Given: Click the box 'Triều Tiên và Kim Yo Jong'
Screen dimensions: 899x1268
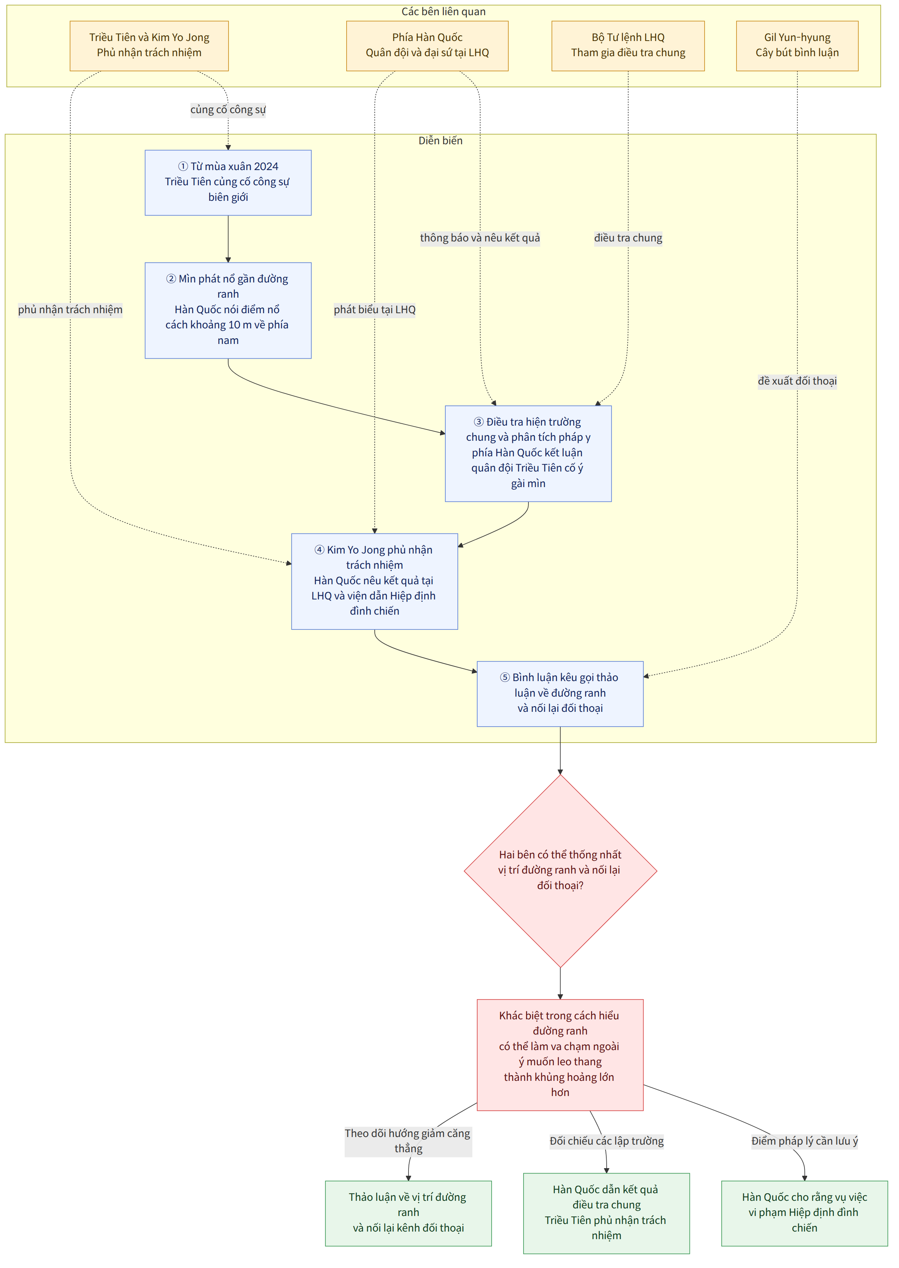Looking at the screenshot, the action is point(149,46).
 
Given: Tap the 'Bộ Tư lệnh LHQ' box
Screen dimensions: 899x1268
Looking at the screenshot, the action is point(628,46).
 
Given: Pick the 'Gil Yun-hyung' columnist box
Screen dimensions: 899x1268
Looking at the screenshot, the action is point(797,46).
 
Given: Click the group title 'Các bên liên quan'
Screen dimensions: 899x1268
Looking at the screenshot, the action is point(443,12).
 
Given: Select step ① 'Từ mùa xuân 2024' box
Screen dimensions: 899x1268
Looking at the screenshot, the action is point(228,183).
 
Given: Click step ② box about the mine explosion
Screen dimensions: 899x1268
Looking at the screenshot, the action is point(228,311).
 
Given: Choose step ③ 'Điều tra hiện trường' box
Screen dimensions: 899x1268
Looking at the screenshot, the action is point(528,454).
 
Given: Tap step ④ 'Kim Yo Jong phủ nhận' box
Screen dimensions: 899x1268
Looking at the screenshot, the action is point(375,581).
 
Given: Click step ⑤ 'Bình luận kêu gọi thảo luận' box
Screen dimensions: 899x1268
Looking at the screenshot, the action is point(560,694).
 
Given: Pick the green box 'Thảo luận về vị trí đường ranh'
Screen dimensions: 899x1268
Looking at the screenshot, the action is point(408,1213).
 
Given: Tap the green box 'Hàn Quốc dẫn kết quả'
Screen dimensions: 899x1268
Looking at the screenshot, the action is point(607,1213).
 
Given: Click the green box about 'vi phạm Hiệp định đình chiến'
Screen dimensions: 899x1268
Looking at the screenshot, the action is point(804,1213).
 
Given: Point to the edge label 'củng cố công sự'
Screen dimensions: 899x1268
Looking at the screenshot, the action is point(228,110).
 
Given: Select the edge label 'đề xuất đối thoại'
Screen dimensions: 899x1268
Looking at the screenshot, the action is point(797,381).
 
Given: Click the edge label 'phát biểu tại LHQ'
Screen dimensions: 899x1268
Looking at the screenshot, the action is point(375,310).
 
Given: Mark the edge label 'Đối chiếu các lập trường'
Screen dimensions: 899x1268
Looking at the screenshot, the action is point(607,1141).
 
